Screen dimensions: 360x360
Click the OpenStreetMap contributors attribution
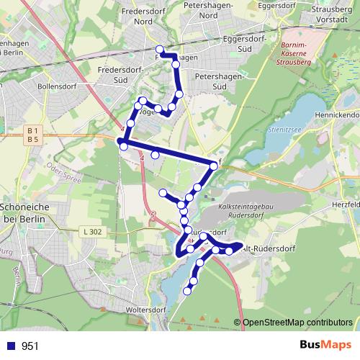297,323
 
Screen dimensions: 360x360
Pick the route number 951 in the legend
30,346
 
